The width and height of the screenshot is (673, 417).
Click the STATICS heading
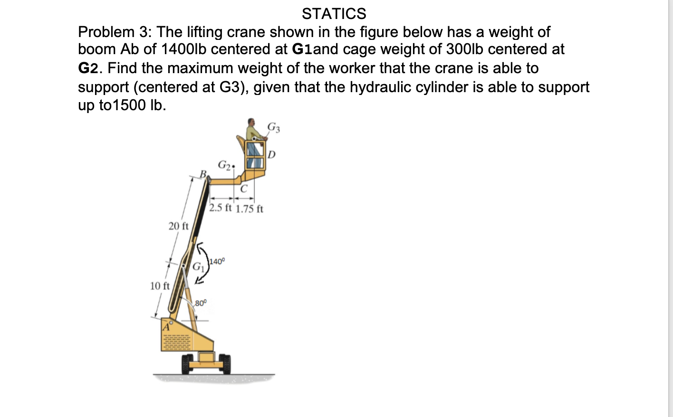pyautogui.click(x=334, y=14)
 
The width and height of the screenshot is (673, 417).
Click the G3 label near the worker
pyautogui.click(x=274, y=127)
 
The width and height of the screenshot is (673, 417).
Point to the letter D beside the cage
pyautogui.click(x=271, y=154)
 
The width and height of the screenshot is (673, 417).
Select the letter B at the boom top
pyautogui.click(x=203, y=174)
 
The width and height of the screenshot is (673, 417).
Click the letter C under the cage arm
pyautogui.click(x=244, y=189)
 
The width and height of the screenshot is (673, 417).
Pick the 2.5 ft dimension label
pyautogui.click(x=221, y=208)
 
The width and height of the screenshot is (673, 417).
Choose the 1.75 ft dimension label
pyautogui.click(x=250, y=208)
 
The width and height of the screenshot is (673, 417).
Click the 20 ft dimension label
pyautogui.click(x=178, y=226)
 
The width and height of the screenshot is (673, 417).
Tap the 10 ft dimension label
pyautogui.click(x=159, y=286)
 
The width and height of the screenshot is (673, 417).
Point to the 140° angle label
pyautogui.click(x=217, y=261)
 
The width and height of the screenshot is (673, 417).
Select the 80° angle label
pyautogui.click(x=201, y=303)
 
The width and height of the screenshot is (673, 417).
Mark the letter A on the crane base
pyautogui.click(x=166, y=327)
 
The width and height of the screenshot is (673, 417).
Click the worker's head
pyautogui.click(x=251, y=122)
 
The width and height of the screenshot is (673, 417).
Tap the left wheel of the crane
pyautogui.click(x=186, y=364)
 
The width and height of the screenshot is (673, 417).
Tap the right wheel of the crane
pyautogui.click(x=224, y=364)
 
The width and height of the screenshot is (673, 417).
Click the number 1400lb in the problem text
pyautogui.click(x=184, y=49)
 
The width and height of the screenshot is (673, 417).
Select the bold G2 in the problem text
pyautogui.click(x=88, y=68)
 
